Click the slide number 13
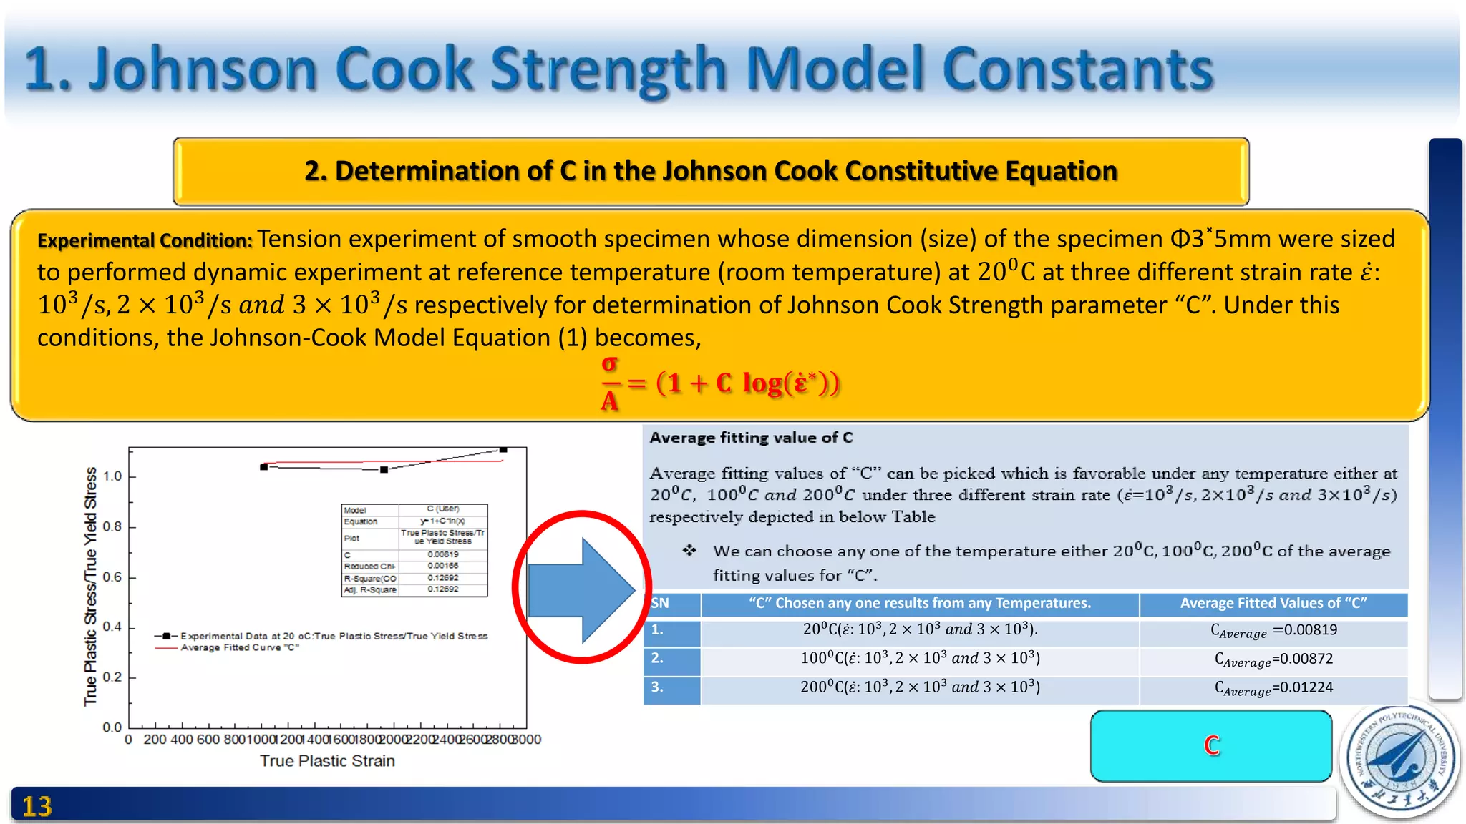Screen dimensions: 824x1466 click(37, 806)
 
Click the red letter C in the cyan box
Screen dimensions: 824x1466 click(1211, 745)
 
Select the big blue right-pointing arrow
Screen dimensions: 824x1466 click(581, 589)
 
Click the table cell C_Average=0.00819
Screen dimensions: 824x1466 click(1273, 631)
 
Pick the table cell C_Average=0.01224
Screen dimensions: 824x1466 click(1273, 688)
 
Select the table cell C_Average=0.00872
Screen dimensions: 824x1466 click(1273, 659)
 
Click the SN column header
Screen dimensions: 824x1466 click(661, 604)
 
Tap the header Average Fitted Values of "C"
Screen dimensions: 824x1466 click(1273, 604)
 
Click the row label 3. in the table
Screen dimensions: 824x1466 click(658, 687)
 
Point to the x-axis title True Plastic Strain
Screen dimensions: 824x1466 click(327, 761)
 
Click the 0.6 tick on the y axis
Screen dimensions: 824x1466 click(112, 577)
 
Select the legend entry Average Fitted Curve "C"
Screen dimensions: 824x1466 click(240, 648)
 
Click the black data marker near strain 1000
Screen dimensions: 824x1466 click(264, 467)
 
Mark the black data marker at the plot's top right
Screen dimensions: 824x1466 click(503, 450)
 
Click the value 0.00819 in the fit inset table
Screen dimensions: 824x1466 click(443, 554)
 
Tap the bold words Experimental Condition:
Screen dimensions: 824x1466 click(145, 241)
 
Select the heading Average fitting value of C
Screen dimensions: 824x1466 click(751, 438)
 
